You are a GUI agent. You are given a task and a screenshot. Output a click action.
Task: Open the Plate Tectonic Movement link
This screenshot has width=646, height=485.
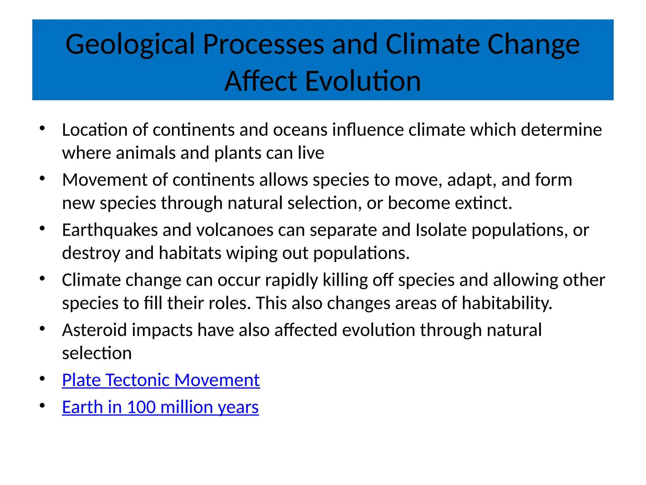point(161,380)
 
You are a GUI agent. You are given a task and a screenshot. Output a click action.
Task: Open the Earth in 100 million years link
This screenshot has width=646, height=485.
point(160,407)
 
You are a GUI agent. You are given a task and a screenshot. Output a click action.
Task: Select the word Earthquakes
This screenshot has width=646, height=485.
point(110,230)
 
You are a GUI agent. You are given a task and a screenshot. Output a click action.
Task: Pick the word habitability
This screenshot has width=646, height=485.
point(507,303)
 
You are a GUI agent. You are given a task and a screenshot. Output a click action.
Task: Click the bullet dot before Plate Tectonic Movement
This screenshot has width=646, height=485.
point(42,379)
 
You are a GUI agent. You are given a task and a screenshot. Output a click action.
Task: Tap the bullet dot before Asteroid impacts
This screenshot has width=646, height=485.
point(42,329)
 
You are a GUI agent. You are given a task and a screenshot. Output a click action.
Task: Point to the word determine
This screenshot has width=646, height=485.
point(561,130)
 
